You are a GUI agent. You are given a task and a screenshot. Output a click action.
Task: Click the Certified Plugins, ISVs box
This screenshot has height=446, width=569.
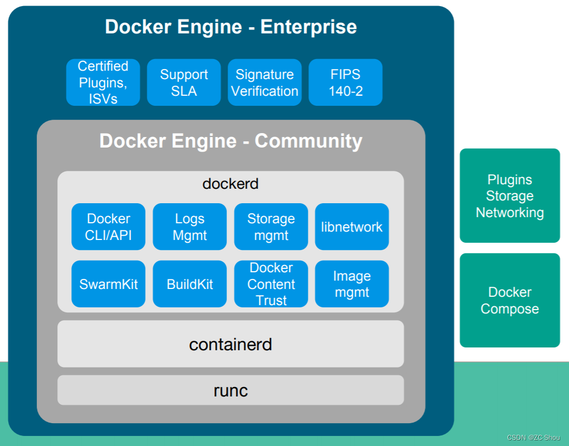[103, 82]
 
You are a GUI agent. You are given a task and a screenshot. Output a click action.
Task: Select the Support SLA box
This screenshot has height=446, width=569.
[184, 82]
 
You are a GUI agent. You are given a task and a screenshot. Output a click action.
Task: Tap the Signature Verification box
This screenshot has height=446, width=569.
[264, 82]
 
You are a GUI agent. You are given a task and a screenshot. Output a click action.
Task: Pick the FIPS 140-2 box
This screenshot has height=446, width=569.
[345, 82]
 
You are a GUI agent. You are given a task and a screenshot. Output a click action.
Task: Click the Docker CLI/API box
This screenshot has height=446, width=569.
[109, 227]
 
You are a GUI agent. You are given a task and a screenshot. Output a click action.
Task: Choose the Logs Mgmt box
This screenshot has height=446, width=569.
[189, 227]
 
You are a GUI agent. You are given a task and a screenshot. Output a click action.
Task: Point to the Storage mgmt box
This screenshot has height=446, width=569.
[271, 227]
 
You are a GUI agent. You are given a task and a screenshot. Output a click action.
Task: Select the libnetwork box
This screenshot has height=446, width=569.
[352, 227]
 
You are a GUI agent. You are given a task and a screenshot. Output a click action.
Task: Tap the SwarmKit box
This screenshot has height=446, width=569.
[109, 284]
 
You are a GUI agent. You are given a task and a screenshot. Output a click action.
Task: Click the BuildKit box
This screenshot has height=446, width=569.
[189, 284]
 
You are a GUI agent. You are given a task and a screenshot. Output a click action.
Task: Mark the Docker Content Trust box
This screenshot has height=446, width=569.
[271, 284]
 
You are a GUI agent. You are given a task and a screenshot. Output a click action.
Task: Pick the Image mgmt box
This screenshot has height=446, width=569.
[352, 284]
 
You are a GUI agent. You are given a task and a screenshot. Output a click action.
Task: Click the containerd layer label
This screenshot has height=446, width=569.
[230, 344]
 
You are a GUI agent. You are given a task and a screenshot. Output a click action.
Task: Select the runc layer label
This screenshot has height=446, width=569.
[230, 390]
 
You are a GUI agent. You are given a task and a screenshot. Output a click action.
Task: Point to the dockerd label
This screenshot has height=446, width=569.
[230, 183]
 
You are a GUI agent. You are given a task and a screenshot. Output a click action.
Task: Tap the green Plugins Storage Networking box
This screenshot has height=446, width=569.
[509, 196]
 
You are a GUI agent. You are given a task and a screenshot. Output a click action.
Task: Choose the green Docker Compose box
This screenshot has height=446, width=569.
[509, 300]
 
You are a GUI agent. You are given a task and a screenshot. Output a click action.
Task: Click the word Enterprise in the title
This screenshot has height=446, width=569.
[308, 27]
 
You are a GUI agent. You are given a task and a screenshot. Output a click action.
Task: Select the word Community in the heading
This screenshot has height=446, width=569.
[308, 141]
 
